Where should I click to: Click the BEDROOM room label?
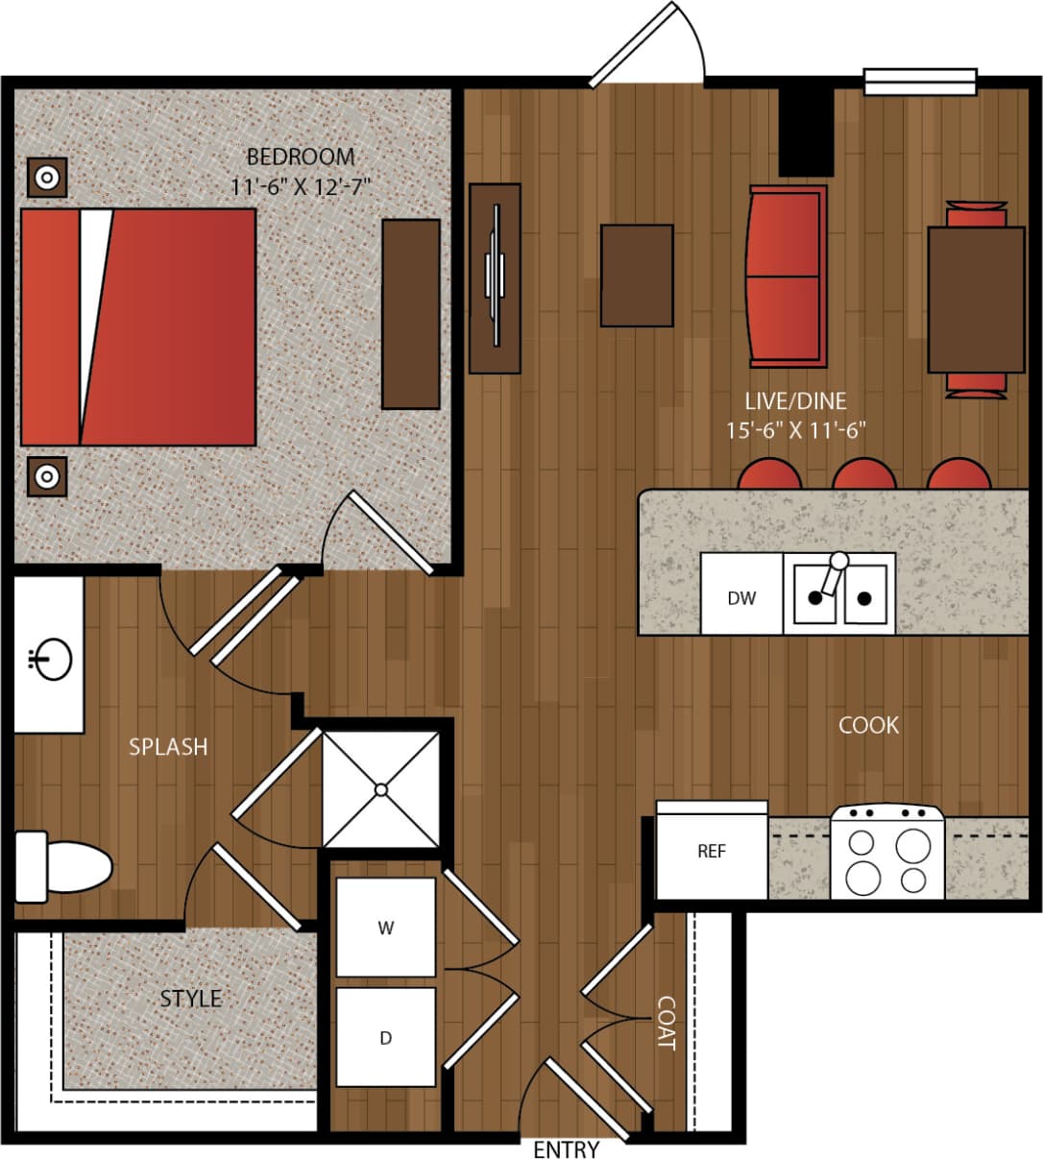coord(300,157)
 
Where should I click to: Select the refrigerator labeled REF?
coord(712,852)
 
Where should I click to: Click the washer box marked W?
coord(385,928)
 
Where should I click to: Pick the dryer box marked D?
coord(385,1038)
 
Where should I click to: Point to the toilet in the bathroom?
coord(67,867)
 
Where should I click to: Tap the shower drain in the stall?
coord(381,789)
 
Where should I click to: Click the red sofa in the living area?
coord(787,277)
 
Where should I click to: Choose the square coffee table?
coord(636,276)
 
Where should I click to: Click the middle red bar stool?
coord(863,475)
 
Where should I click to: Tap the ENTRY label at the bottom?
coord(566,1148)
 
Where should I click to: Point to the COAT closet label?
coord(666,1023)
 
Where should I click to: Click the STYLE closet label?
coord(190,999)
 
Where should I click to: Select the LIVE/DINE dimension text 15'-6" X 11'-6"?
coord(795,429)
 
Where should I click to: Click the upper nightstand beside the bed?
coord(46,178)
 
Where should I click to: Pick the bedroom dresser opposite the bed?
coord(411,314)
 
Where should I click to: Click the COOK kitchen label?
coord(868,725)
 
